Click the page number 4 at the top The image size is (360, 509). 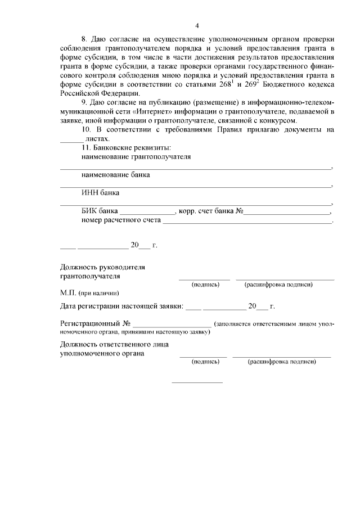click(x=197, y=25)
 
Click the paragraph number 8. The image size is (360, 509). click(x=84, y=39)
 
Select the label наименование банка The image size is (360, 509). click(x=115, y=175)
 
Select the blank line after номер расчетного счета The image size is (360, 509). click(x=247, y=222)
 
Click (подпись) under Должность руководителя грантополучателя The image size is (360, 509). click(x=205, y=285)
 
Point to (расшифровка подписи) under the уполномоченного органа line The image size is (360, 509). click(x=282, y=362)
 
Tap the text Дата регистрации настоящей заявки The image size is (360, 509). click(x=121, y=307)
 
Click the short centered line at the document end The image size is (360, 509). click(x=197, y=383)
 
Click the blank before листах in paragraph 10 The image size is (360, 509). click(x=71, y=138)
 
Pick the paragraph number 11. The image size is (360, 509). click(x=85, y=147)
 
